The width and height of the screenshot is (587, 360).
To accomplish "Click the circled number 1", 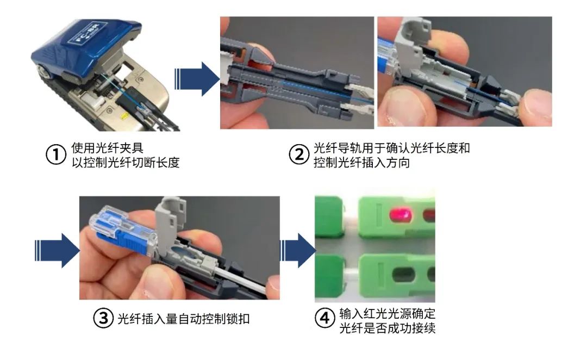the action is pos(56,154).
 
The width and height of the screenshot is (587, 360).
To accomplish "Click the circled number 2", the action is pos(299,154).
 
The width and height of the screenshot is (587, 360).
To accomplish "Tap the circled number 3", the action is pos(103,319).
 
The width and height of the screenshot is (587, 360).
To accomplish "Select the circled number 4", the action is pos(324,319).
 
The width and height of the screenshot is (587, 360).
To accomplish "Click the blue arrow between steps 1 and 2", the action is pos(197,79).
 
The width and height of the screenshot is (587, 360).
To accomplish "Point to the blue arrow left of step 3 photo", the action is pos(57,251).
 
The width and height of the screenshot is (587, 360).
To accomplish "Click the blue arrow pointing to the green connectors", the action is pos(298,251).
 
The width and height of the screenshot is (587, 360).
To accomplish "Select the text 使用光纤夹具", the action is pos(108,148).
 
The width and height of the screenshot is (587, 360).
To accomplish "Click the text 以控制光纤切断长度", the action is pos(126,163).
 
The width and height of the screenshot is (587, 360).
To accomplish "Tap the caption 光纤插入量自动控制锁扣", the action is pos(184,319).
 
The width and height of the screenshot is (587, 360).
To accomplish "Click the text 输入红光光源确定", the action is pos(387,313).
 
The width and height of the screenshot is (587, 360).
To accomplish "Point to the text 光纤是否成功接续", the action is pos(387,328).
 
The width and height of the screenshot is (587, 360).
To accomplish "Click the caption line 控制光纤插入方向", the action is pos(361,163).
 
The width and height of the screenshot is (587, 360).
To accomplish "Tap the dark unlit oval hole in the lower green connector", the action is pos(403,275).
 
